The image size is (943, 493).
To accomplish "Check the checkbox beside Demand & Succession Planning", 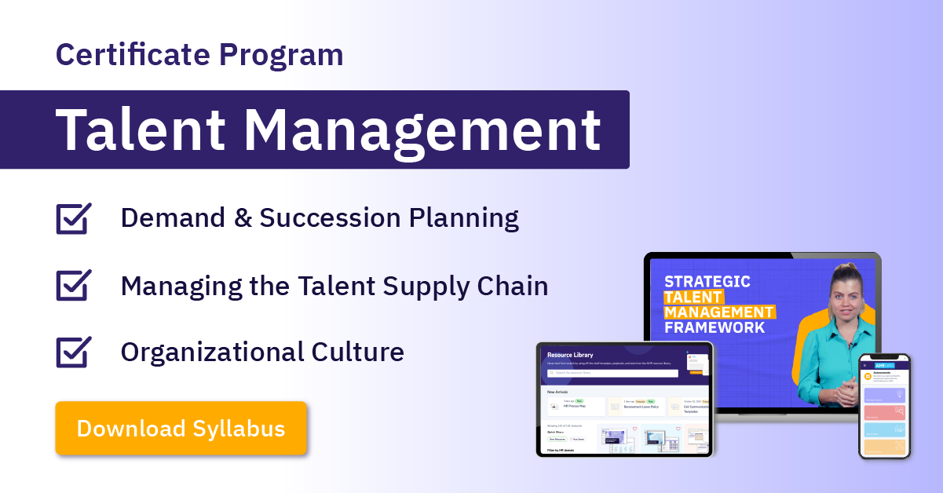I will tap(74, 218).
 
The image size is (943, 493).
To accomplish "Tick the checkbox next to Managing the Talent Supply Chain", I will tap(74, 286).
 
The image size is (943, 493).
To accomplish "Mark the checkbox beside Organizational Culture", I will tap(74, 352).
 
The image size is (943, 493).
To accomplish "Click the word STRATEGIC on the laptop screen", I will tap(707, 281).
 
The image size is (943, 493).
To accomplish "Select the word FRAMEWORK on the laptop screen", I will tap(715, 327).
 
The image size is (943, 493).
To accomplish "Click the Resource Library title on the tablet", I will tap(571, 354).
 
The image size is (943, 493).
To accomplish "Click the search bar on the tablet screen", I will tap(612, 373).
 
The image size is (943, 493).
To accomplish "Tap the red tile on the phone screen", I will tap(884, 412).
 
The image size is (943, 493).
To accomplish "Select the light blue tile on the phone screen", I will tap(884, 430).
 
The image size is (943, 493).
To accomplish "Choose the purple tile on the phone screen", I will tap(884, 395).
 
